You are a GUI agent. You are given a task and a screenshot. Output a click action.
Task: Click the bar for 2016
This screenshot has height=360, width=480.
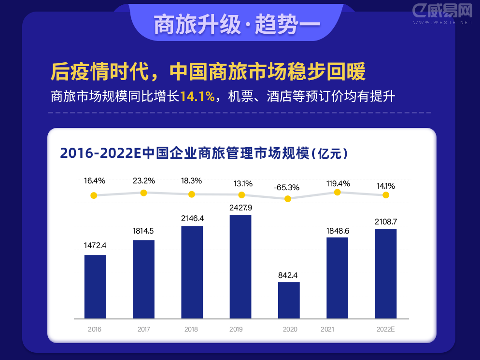pos(95,287)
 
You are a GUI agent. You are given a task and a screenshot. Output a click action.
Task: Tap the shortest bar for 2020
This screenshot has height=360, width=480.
pos(289,300)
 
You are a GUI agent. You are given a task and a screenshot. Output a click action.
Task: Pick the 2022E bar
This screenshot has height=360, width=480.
pos(386,274)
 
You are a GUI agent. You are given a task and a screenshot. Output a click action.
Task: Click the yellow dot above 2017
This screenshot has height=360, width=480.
pos(143,193)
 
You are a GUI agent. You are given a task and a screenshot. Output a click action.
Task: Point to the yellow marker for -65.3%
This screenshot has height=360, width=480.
pos(288,199)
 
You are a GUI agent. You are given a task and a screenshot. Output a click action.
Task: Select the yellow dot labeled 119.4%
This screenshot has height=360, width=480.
pos(338,192)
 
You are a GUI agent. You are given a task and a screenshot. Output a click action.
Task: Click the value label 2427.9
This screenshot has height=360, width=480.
pos(240,208)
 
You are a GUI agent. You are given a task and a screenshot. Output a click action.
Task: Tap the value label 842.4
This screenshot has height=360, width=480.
pos(288,275)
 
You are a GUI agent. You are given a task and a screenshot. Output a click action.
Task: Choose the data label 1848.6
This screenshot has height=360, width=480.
pos(337,231)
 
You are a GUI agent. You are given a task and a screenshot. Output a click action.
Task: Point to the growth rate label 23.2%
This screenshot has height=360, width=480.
pos(144,181)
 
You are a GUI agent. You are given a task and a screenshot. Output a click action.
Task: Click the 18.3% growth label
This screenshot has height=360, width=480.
pos(192,181)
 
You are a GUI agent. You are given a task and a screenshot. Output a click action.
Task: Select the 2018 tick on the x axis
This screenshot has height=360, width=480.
pos(191,330)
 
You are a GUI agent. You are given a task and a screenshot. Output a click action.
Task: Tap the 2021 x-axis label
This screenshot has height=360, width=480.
pos(327,330)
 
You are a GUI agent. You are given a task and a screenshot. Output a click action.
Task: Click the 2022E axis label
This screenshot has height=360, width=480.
pos(385,330)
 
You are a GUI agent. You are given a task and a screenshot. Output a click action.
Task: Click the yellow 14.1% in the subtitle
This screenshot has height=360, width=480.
pos(197,97)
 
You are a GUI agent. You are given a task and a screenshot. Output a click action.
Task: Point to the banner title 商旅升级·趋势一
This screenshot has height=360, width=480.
pos(237,25)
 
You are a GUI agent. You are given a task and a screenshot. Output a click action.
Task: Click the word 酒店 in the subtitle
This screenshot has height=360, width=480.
pos(277,97)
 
